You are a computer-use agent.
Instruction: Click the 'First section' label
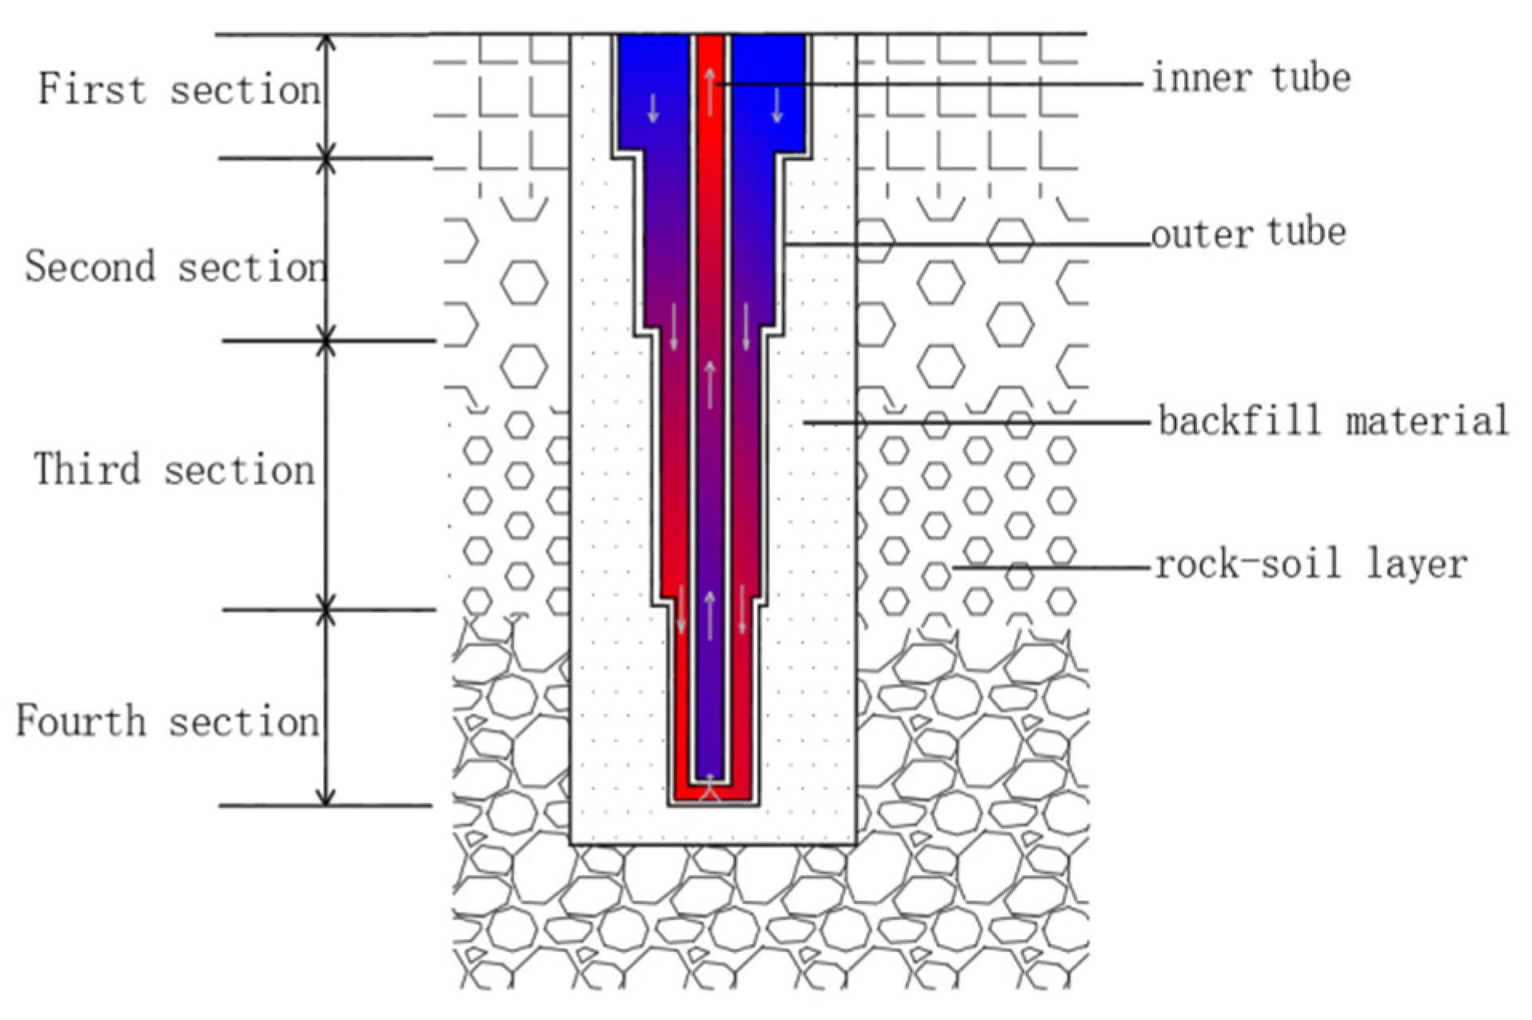coord(180,89)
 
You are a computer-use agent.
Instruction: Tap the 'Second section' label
coord(176,266)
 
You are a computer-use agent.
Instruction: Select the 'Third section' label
coord(174,469)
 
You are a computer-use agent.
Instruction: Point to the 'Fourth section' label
coord(168,721)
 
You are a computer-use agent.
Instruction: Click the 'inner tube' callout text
coord(1251,78)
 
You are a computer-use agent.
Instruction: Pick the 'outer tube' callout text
coord(1248,233)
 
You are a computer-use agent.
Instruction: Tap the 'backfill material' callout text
coord(1333,420)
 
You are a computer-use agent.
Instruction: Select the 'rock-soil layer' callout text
coord(1311,564)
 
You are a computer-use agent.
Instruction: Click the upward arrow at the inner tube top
coord(709,90)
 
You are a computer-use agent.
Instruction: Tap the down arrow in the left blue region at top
coord(653,108)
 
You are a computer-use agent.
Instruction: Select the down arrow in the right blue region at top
coord(776,106)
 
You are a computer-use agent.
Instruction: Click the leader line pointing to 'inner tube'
coord(928,83)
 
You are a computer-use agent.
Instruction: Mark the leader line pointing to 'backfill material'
coord(975,422)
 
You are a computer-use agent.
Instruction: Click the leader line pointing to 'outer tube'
coord(967,244)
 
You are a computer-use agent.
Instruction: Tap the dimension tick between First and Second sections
coord(325,158)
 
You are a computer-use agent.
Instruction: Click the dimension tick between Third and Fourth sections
coord(325,611)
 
